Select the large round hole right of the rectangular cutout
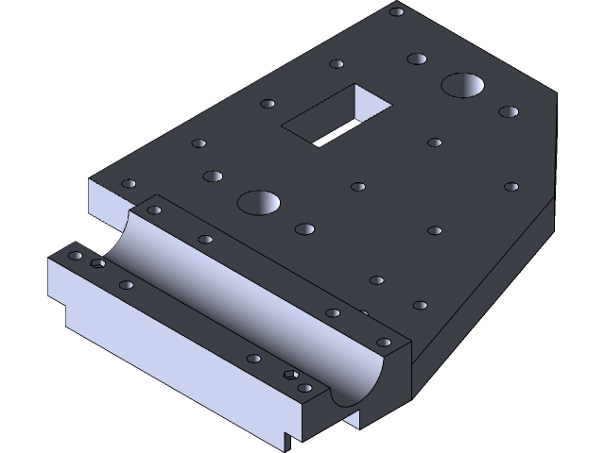tap(463, 86)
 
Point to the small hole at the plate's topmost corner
tap(397, 11)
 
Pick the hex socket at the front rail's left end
tap(96, 263)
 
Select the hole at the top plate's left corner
tap(129, 184)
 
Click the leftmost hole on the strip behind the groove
tap(154, 210)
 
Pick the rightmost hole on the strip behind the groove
tap(383, 342)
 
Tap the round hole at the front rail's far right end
tap(304, 387)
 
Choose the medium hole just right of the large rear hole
tap(509, 111)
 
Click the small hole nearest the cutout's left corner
tap(268, 104)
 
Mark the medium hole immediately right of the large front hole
tap(304, 228)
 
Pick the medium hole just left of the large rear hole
tap(416, 59)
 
